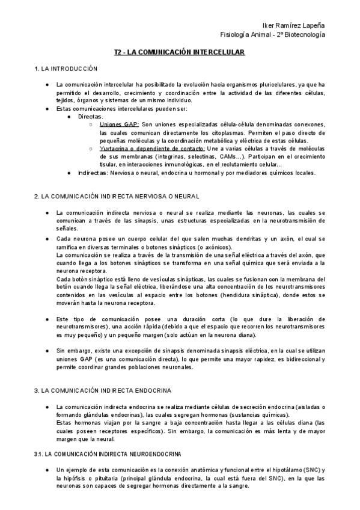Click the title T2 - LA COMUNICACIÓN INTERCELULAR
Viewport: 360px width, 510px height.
pyautogui.click(x=180, y=53)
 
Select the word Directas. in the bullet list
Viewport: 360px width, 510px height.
pyautogui.click(x=91, y=116)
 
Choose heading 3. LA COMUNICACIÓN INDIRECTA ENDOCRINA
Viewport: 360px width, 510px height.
pyautogui.click(x=103, y=390)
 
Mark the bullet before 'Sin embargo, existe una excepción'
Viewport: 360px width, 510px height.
pyautogui.click(x=47, y=349)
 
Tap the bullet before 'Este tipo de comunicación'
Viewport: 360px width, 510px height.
pyautogui.click(x=47, y=318)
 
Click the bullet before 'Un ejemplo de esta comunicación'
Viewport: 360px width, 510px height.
pyautogui.click(x=47, y=469)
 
